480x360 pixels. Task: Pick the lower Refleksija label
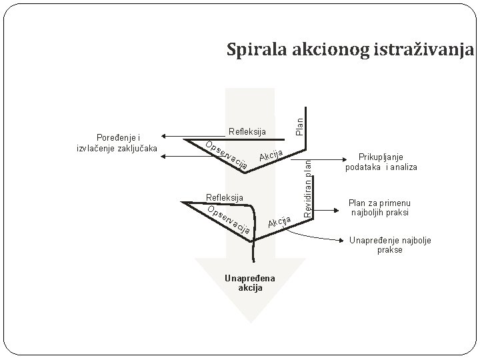click(225, 197)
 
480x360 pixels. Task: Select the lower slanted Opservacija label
click(229, 221)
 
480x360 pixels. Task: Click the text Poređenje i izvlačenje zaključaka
click(117, 143)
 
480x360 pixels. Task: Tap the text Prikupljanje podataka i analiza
click(381, 162)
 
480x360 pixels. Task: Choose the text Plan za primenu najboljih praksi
click(381, 207)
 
